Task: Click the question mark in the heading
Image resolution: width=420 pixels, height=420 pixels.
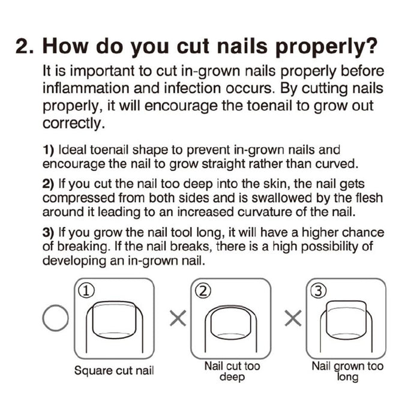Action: click(x=369, y=46)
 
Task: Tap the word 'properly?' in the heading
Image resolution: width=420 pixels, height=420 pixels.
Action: click(x=326, y=47)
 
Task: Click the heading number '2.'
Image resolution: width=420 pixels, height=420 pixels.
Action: click(x=25, y=46)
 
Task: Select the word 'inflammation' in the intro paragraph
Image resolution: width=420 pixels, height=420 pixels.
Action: click(x=86, y=88)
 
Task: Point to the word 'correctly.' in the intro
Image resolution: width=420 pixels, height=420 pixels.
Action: click(x=73, y=124)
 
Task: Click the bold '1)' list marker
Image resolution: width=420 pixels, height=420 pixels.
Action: click(x=48, y=150)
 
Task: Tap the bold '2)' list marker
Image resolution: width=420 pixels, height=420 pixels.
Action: click(x=48, y=184)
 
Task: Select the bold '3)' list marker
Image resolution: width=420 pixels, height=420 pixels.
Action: click(x=48, y=233)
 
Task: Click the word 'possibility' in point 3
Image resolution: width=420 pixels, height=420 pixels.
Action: click(x=330, y=247)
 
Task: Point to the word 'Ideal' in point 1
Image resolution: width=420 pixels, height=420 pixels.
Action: click(x=72, y=150)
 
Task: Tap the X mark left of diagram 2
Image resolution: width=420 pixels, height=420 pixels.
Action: click(x=178, y=318)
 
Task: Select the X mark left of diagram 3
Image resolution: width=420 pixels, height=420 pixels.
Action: click(x=293, y=318)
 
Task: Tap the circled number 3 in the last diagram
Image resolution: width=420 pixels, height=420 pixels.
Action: click(x=318, y=291)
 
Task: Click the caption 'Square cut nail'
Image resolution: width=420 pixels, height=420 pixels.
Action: click(x=114, y=371)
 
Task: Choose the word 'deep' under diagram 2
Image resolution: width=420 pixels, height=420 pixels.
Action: click(x=232, y=377)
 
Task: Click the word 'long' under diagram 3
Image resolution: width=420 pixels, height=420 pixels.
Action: click(x=347, y=377)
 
